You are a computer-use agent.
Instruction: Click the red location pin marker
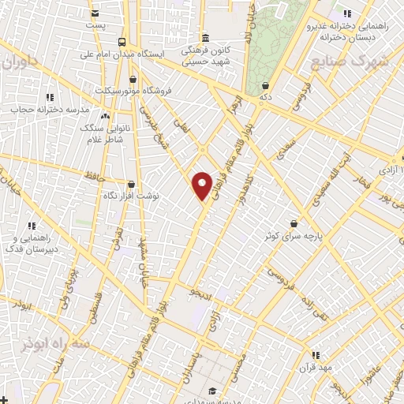(202, 185)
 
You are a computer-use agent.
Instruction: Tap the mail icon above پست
(95, 13)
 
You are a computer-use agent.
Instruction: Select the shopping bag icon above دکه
(265, 85)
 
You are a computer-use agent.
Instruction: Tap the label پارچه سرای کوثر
(294, 235)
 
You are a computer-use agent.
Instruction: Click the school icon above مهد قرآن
(316, 356)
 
